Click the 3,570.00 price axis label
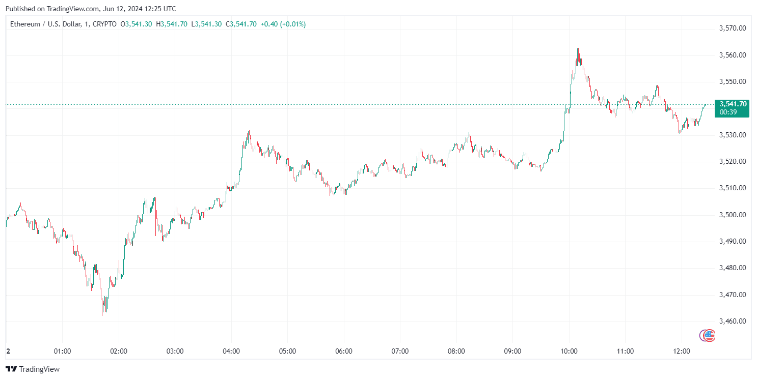click(x=733, y=28)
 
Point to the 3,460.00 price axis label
click(x=733, y=321)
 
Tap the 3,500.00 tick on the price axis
click(x=733, y=215)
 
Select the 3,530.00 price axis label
click(x=733, y=135)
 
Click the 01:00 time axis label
click(x=62, y=352)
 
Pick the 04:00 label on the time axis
click(x=231, y=352)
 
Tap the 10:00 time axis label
click(x=569, y=352)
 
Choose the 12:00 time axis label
click(x=682, y=352)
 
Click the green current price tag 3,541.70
click(x=733, y=104)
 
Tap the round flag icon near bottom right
click(x=707, y=335)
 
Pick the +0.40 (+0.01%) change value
click(x=283, y=24)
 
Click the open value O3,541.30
click(x=136, y=24)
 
